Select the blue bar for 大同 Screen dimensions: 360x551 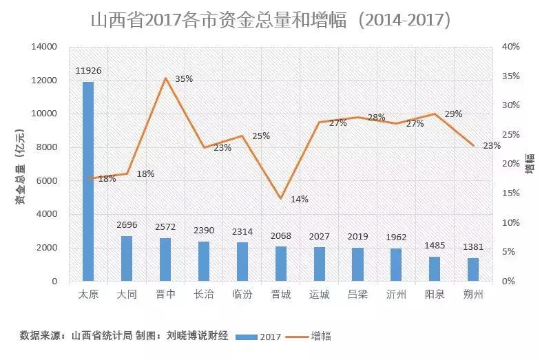127,259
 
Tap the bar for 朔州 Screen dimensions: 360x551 473,270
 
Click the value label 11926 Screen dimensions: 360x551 88,71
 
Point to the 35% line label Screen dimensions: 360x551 184,79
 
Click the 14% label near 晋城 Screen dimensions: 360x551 300,199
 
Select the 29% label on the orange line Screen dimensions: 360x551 453,114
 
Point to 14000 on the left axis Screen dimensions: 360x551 43,47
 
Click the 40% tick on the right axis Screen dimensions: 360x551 510,47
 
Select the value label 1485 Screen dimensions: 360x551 434,246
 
